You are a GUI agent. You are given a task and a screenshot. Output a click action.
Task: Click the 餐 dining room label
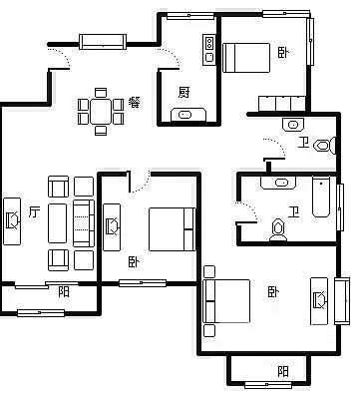click(x=135, y=103)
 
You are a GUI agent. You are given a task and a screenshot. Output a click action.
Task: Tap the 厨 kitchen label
click(x=184, y=92)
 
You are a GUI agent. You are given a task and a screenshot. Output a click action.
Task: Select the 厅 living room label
click(x=34, y=211)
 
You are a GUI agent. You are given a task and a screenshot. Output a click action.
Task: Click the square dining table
click(x=101, y=111)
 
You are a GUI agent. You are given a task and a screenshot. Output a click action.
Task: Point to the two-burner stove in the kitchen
click(x=209, y=42)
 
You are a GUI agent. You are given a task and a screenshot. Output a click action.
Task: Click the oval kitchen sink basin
click(x=184, y=115)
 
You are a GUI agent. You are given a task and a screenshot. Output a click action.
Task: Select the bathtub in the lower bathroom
click(x=321, y=197)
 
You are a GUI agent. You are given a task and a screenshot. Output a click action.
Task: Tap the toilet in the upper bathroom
click(x=325, y=146)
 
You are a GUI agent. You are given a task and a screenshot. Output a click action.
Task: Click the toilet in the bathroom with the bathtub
click(x=278, y=230)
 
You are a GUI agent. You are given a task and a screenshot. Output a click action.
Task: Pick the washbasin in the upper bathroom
click(x=293, y=125)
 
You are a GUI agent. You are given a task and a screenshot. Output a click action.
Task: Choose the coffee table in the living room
click(x=57, y=223)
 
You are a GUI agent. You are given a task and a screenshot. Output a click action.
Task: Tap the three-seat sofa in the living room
click(x=84, y=223)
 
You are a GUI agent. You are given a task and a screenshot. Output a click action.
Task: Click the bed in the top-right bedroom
click(x=246, y=58)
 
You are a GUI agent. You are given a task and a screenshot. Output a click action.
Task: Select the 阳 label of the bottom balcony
click(x=283, y=371)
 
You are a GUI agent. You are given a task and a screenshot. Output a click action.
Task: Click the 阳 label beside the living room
click(x=64, y=291)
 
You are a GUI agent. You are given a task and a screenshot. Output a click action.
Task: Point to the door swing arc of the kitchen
click(x=171, y=54)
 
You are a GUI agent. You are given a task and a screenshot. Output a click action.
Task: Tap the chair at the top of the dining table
click(x=101, y=92)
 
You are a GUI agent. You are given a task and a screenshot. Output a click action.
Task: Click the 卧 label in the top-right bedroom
click(x=283, y=52)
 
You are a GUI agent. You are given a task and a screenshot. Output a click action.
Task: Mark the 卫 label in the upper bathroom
click(x=303, y=143)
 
